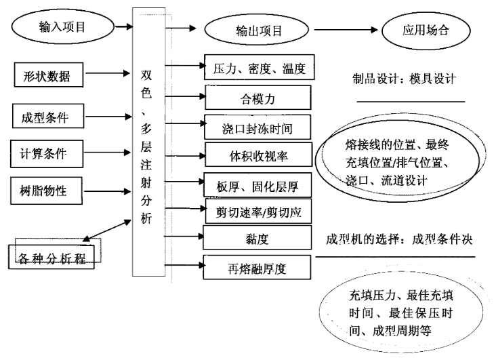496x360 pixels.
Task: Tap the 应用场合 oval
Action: pyautogui.click(x=426, y=31)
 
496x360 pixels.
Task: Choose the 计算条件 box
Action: pyautogui.click(x=49, y=151)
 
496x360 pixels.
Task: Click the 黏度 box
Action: pyautogui.click(x=256, y=239)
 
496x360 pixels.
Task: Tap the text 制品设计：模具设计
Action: pyautogui.click(x=403, y=79)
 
